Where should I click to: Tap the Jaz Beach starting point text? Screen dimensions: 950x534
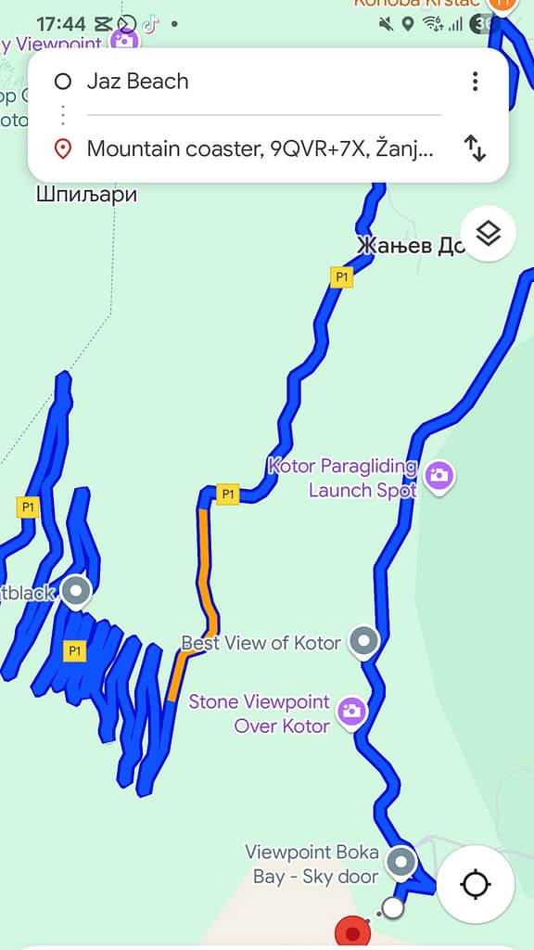coord(137,82)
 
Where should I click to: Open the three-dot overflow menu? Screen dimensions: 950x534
coord(475,82)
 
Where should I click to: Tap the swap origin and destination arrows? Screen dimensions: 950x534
coord(475,148)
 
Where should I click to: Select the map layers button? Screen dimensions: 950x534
coord(488,234)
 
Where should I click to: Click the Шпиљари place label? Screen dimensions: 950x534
coord(86,195)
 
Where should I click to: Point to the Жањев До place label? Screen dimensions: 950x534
coord(409,247)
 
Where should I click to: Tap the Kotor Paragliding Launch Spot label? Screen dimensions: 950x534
coord(342,478)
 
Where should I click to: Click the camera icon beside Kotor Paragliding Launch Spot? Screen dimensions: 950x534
coord(439,476)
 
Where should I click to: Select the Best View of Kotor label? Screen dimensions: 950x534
coord(261,643)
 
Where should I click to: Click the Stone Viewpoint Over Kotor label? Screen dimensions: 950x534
coord(259,713)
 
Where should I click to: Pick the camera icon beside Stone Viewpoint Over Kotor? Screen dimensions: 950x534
coord(351,712)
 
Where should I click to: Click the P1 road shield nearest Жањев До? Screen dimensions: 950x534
coord(342,276)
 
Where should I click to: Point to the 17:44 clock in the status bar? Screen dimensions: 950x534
coord(61,24)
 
